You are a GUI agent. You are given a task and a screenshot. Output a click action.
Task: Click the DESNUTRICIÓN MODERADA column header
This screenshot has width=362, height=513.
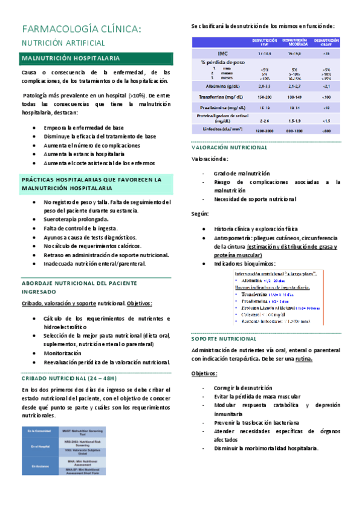tap(293, 41)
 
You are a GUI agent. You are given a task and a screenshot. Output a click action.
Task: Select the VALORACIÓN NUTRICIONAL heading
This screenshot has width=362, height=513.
tap(230, 147)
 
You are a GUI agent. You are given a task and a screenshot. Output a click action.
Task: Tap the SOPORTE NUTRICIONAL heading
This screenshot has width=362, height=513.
tap(224, 338)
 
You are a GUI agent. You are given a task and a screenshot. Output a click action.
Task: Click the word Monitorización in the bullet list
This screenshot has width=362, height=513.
tap(65, 352)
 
